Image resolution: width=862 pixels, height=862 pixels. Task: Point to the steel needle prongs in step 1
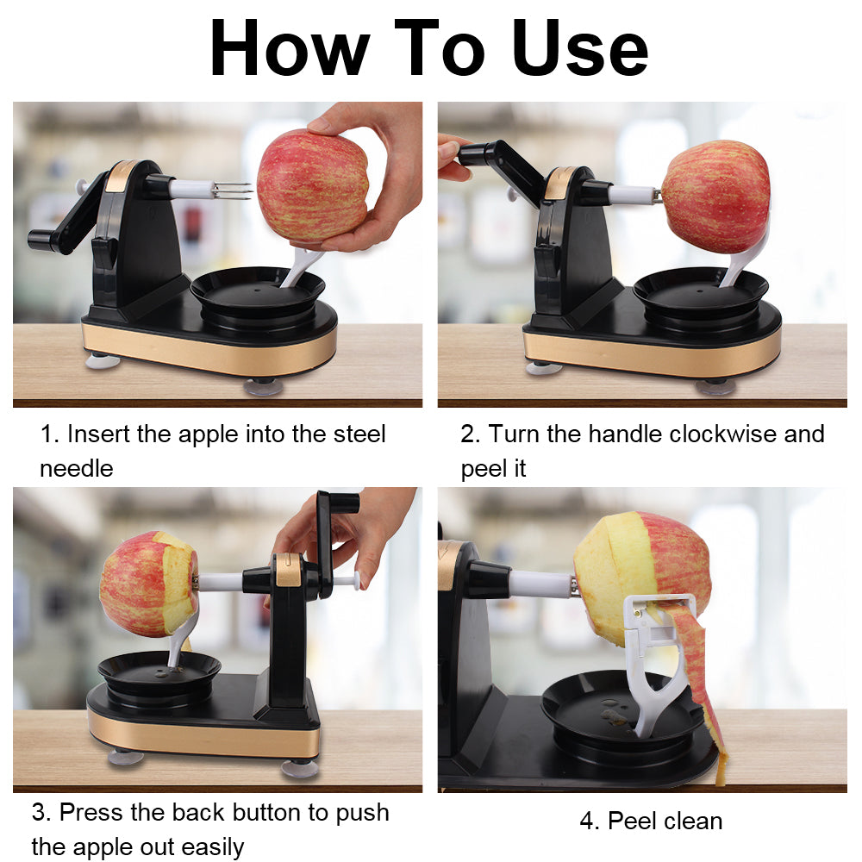[233, 190]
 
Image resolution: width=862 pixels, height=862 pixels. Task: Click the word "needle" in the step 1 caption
[77, 468]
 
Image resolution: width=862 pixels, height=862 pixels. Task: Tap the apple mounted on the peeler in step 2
[716, 197]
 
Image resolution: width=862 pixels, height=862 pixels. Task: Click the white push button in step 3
[350, 581]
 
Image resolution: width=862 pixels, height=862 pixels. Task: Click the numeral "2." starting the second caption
[470, 434]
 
